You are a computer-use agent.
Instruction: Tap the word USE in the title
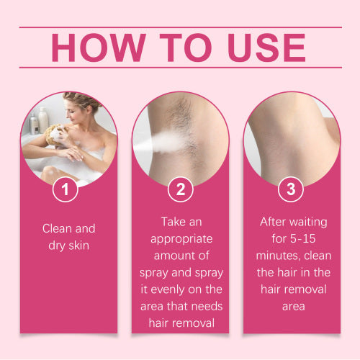(267, 48)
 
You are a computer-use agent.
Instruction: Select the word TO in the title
(186, 48)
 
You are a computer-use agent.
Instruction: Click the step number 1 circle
(66, 189)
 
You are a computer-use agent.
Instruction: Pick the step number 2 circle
(181, 189)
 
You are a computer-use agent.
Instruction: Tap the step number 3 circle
(291, 189)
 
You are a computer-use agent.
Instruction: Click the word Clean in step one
(57, 228)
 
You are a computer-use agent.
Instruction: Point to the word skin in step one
(78, 246)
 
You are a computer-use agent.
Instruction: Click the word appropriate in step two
(181, 240)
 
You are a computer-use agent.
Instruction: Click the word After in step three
(272, 222)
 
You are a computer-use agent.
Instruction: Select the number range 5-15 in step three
(302, 239)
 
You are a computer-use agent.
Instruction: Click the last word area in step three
(294, 307)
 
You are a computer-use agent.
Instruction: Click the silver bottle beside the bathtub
(34, 125)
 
